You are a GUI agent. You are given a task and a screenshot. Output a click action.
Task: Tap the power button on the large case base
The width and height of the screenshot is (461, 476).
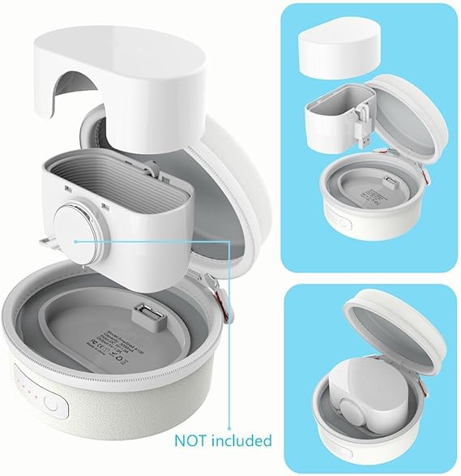(x=49, y=403)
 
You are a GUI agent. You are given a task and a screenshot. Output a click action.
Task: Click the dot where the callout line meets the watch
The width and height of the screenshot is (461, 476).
(x=74, y=240)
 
